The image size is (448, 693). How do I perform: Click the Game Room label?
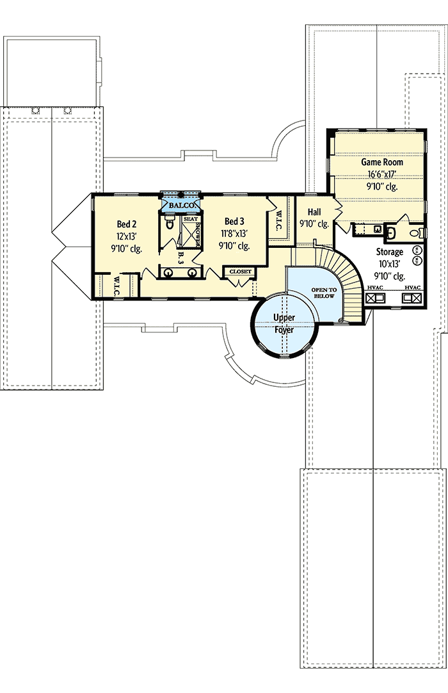pyautogui.click(x=381, y=163)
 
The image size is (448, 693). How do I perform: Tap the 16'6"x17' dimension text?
pyautogui.click(x=381, y=175)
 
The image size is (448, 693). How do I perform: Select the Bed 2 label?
pyautogui.click(x=125, y=224)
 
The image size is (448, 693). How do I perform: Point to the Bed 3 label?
pyautogui.click(x=234, y=222)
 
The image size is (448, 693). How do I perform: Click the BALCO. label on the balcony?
pyautogui.click(x=181, y=204)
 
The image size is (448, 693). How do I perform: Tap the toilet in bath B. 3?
pyautogui.click(x=170, y=224)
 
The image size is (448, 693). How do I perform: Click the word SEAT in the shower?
pyautogui.click(x=191, y=218)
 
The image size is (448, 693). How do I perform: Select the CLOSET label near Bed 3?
pyautogui.click(x=240, y=272)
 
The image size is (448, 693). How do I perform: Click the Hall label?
pyautogui.click(x=314, y=212)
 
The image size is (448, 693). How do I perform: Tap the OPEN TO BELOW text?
pyautogui.click(x=323, y=293)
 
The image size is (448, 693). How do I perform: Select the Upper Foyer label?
pyautogui.click(x=284, y=324)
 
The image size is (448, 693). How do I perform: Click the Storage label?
pyautogui.click(x=389, y=252)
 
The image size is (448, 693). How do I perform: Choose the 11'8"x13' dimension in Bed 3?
pyautogui.click(x=234, y=234)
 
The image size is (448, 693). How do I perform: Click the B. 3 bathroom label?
pyautogui.click(x=180, y=258)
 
